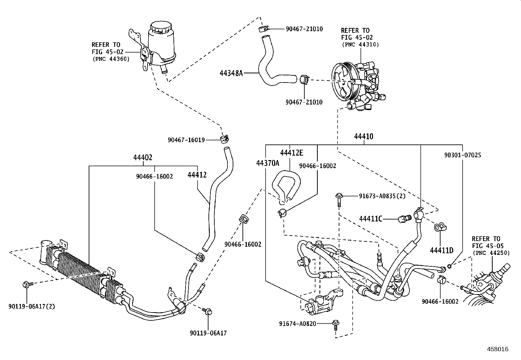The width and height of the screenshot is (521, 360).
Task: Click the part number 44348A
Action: pos(231,73)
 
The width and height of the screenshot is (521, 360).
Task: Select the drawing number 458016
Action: pos(497,349)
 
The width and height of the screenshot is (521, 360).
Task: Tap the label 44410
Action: pos(364,137)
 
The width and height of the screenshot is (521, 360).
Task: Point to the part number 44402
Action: pos(143,158)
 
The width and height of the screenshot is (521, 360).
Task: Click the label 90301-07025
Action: pos(462,155)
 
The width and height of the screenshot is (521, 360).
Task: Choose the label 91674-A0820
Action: pos(297,324)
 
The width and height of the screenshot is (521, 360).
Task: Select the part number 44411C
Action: pos(370,218)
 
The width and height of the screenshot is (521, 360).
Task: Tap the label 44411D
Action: pos(441,250)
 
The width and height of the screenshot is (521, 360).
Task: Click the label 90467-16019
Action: pos(186,140)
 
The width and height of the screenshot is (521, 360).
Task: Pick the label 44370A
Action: pos(268,163)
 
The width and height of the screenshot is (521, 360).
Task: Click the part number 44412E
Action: pos(292,153)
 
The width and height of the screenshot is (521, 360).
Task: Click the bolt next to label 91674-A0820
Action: pos(335,325)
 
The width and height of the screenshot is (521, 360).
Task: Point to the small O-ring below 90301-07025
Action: pos(449,266)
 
